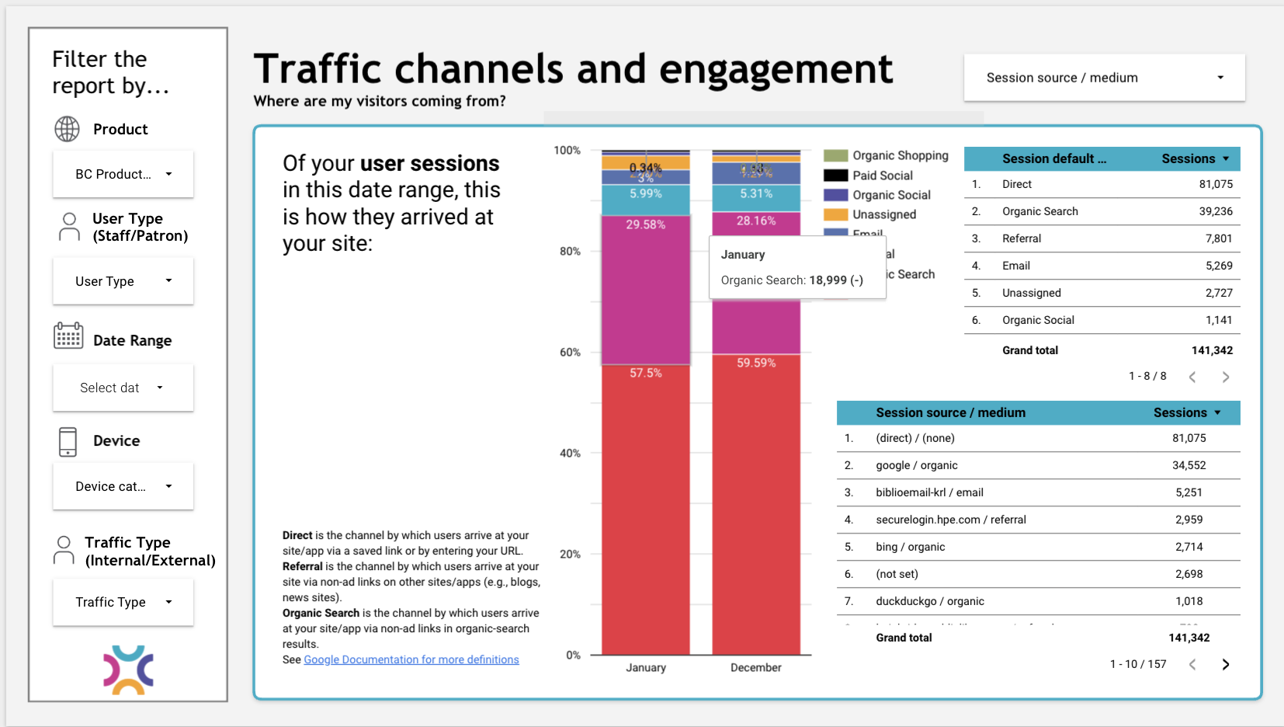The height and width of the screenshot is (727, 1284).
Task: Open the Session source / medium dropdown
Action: click(x=1104, y=78)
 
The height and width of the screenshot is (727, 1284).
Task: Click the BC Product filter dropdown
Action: click(x=123, y=174)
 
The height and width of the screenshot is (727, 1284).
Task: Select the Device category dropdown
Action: click(x=123, y=486)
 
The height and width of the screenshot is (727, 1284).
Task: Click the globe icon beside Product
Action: click(x=68, y=129)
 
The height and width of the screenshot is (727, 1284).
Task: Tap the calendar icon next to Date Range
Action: click(x=68, y=336)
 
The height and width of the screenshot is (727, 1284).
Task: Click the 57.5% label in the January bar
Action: click(x=645, y=373)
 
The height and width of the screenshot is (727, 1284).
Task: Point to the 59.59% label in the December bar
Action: click(x=755, y=363)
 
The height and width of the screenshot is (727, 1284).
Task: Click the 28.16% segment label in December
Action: click(x=755, y=221)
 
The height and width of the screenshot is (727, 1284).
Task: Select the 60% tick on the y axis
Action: click(x=570, y=353)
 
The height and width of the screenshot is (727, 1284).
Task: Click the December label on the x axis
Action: click(x=755, y=667)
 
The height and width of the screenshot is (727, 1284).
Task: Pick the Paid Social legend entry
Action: click(x=882, y=176)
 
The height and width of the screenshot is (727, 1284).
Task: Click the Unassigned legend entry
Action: click(x=883, y=214)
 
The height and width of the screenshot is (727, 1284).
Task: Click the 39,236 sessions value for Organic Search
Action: click(x=1215, y=211)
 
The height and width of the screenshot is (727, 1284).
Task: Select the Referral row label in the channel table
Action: click(x=1021, y=238)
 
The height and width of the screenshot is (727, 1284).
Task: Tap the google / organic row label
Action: click(x=916, y=465)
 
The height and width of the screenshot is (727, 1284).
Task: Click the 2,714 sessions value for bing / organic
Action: click(x=1189, y=547)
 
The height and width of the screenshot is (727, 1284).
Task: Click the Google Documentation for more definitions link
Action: click(x=411, y=659)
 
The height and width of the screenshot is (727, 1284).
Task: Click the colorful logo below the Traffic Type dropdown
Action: click(x=128, y=670)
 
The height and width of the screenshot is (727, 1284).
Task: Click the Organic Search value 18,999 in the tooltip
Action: click(x=828, y=280)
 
